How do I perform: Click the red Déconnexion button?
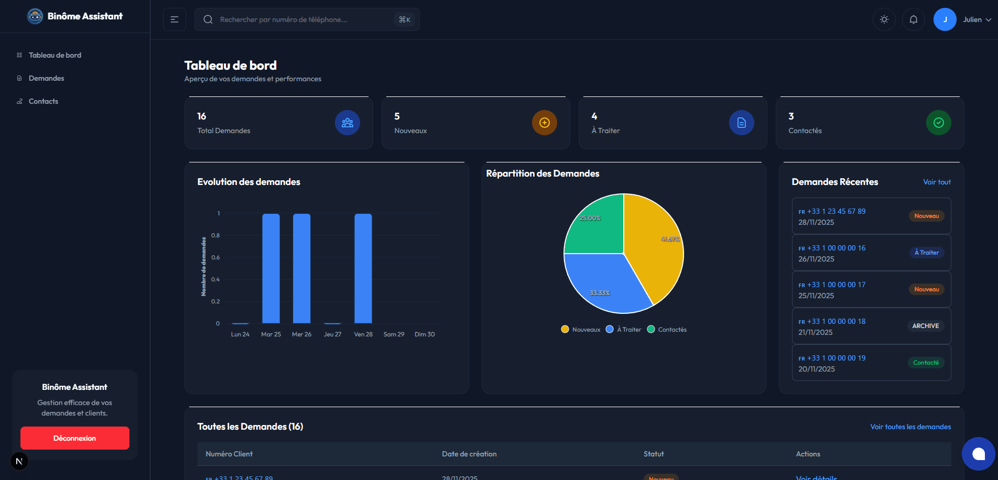[x=74, y=438]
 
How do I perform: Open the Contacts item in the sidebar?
[x=43, y=101]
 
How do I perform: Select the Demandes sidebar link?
[x=46, y=78]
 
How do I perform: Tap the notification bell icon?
[x=913, y=19]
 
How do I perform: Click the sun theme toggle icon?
[x=884, y=19]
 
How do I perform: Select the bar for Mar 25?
[x=271, y=268]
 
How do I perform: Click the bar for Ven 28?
[x=363, y=268]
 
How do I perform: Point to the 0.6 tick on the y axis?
[x=215, y=257]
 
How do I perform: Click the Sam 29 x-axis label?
[x=394, y=334]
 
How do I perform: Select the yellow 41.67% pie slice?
[x=655, y=246]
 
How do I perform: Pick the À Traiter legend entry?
[x=624, y=330]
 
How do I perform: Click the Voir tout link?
[x=937, y=182]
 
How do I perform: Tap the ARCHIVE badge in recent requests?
[x=925, y=326]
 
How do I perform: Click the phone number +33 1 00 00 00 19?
[x=836, y=358]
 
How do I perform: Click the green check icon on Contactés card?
[x=938, y=123]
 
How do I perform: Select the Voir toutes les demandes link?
[x=910, y=427]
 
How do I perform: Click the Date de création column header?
[x=469, y=454]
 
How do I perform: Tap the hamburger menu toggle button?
[x=175, y=19]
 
